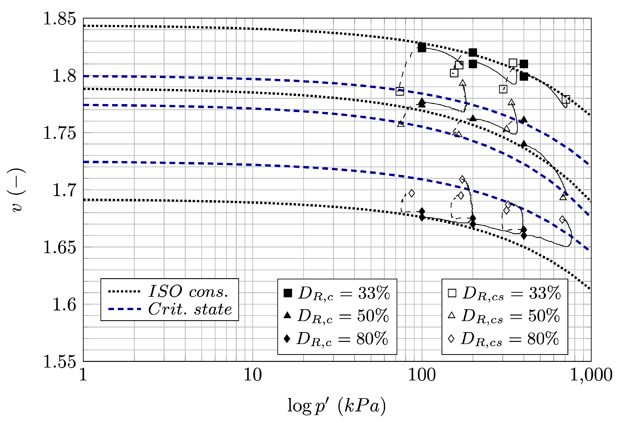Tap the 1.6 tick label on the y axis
coord(64,304)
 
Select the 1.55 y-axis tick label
coord(59,362)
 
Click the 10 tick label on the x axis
coord(252,375)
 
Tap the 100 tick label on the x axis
coord(422,375)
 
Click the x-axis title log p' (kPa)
coord(336,406)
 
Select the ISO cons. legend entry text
coord(188,291)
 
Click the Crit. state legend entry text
coord(190,309)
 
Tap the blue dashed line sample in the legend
coord(124,309)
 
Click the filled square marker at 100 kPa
coord(422,47)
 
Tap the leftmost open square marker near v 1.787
coord(400,91)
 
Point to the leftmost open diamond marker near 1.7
coord(412,193)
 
